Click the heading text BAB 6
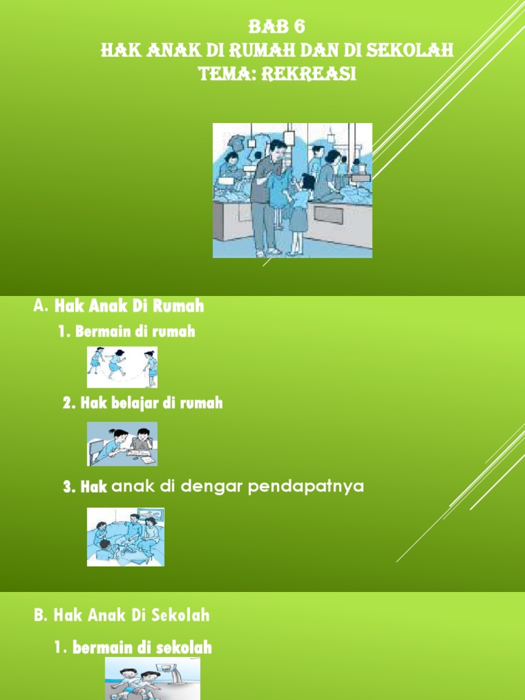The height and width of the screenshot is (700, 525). pyautogui.click(x=276, y=27)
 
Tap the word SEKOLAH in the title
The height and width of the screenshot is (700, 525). pyautogui.click(x=414, y=51)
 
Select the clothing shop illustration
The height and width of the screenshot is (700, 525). pyautogui.click(x=293, y=191)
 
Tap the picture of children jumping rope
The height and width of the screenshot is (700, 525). pyautogui.click(x=122, y=367)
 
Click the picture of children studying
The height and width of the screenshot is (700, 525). pyautogui.click(x=122, y=444)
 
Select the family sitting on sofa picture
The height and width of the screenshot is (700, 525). pyautogui.click(x=126, y=537)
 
